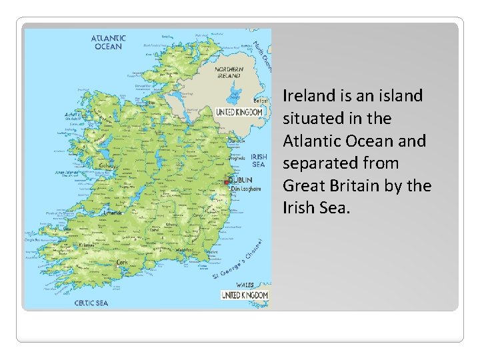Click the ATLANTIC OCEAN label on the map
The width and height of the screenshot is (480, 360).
click(x=108, y=43)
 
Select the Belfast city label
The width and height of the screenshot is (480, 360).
click(x=262, y=101)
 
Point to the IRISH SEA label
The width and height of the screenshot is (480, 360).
click(x=259, y=160)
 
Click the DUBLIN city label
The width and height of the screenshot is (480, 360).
click(x=240, y=180)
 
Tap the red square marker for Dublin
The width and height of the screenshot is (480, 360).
click(x=228, y=181)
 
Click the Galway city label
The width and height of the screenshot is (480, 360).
click(x=106, y=166)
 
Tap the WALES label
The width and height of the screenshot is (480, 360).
click(x=245, y=284)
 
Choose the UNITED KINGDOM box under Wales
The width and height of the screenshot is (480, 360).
click(x=244, y=295)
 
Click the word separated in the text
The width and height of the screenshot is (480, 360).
click(x=322, y=163)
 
